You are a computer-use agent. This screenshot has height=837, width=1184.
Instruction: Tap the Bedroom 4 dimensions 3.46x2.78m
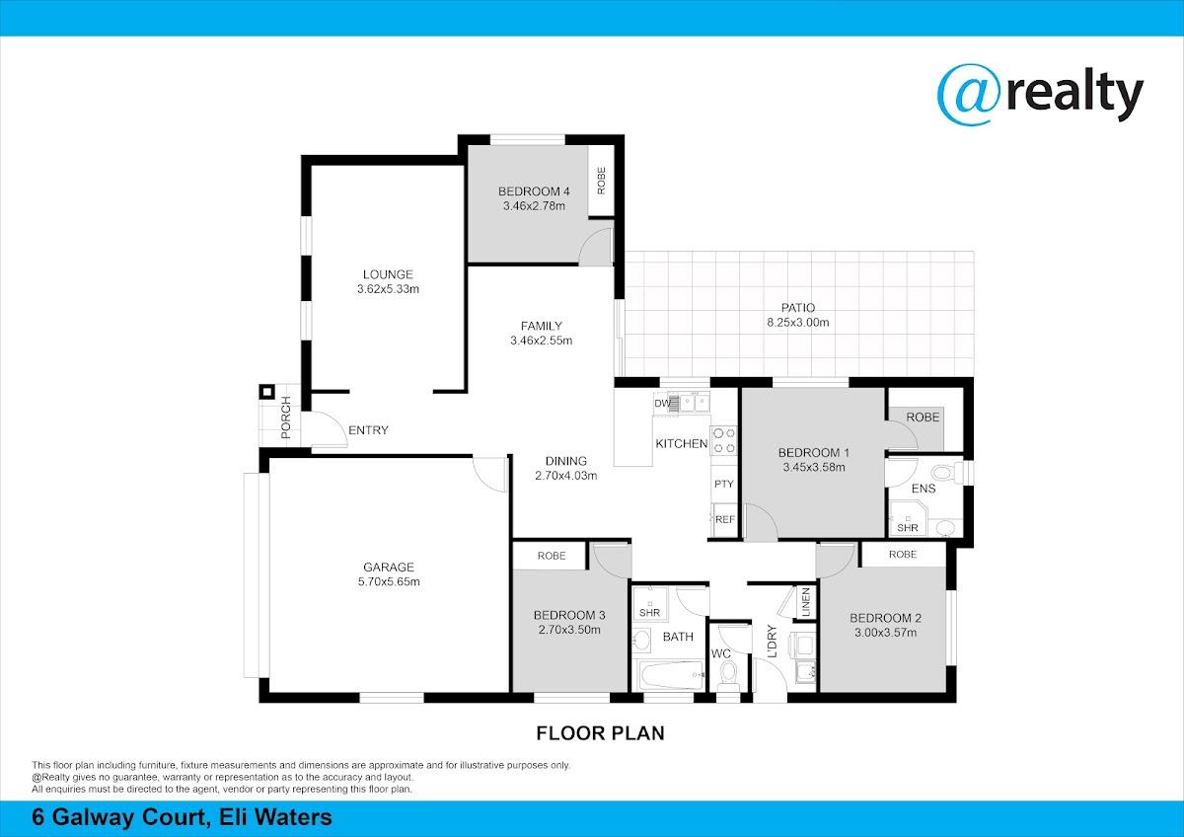pyautogui.click(x=534, y=206)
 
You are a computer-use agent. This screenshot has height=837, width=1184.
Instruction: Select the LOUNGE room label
pyautogui.click(x=388, y=274)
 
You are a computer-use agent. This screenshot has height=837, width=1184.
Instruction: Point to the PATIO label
pyautogui.click(x=798, y=308)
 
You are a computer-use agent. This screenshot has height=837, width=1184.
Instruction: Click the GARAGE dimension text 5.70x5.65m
pyautogui.click(x=389, y=581)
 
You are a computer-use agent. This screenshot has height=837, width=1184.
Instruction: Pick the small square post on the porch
pyautogui.click(x=267, y=392)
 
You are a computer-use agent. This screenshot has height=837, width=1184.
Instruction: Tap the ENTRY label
pyautogui.click(x=368, y=430)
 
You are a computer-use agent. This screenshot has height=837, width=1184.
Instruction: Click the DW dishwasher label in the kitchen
pyautogui.click(x=662, y=404)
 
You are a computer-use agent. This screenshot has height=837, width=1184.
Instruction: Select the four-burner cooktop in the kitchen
pyautogui.click(x=724, y=440)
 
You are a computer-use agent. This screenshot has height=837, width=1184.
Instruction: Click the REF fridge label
pyautogui.click(x=724, y=520)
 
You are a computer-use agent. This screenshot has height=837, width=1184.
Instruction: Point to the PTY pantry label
pyautogui.click(x=723, y=484)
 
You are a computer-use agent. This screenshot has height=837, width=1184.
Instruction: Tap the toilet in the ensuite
pyautogui.click(x=950, y=472)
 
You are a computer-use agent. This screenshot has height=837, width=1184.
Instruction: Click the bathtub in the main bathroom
pyautogui.click(x=670, y=675)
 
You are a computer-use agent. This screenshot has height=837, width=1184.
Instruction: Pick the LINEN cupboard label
pyautogui.click(x=806, y=602)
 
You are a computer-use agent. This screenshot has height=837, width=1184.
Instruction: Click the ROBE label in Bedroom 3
pyautogui.click(x=552, y=556)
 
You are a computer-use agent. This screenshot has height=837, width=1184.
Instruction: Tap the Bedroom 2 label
pyautogui.click(x=885, y=618)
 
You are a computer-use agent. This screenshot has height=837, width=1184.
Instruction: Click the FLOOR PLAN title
pyautogui.click(x=601, y=733)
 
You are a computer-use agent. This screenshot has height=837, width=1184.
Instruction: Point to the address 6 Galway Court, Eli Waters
pyautogui.click(x=183, y=817)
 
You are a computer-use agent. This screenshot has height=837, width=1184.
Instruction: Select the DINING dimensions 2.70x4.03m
pyautogui.click(x=566, y=476)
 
